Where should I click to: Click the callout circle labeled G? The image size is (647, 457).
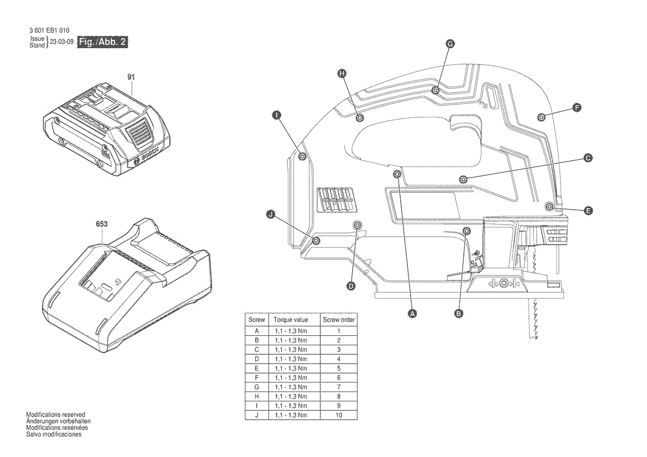click(x=450, y=44)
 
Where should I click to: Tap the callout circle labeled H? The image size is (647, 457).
click(x=341, y=74)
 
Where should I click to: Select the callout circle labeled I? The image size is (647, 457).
click(x=277, y=115)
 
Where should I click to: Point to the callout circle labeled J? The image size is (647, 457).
click(x=271, y=214)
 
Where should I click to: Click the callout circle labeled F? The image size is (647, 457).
click(x=577, y=108)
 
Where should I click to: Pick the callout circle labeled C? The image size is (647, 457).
click(x=588, y=158)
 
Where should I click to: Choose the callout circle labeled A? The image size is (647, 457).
click(x=412, y=314)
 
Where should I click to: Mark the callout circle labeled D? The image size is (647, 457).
click(x=351, y=286)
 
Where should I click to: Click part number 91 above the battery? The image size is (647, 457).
click(x=131, y=77)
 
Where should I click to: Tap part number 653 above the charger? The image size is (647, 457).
click(x=101, y=224)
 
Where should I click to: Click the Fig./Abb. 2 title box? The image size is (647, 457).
click(x=102, y=41)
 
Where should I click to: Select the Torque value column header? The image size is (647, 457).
click(x=291, y=320)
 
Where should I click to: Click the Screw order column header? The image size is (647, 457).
click(x=339, y=320)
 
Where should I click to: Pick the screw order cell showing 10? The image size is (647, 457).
click(x=339, y=416)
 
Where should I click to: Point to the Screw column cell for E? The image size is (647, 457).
click(x=257, y=368)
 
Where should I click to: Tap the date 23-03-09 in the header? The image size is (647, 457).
click(x=61, y=41)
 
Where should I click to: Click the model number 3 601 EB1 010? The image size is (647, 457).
click(x=49, y=30)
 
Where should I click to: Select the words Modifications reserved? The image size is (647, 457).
click(x=56, y=414)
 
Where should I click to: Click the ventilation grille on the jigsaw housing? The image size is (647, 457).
click(x=335, y=200)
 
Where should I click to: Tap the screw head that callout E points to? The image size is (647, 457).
click(x=549, y=206)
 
